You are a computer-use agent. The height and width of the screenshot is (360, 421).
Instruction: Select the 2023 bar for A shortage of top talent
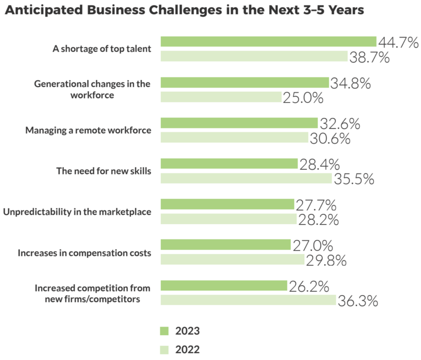[268, 42]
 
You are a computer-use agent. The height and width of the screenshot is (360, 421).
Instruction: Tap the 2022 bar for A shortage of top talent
[254, 56]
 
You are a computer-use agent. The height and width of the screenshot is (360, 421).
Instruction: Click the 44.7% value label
[398, 43]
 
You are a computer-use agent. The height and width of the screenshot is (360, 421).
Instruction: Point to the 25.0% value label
[303, 98]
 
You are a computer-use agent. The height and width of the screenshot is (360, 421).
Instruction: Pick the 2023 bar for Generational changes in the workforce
[245, 82]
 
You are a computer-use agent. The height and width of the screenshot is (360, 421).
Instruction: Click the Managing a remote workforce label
[88, 130]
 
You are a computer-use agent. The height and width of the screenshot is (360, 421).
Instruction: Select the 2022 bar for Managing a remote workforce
[234, 137]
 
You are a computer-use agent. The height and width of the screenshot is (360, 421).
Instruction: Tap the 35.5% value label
[354, 179]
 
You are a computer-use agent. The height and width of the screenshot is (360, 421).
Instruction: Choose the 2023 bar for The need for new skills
[229, 163]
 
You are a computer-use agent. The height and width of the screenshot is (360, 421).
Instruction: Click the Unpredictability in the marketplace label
[77, 212]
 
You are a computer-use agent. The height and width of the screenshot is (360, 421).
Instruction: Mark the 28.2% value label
[318, 220]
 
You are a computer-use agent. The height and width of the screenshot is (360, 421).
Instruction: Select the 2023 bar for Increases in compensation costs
[225, 245]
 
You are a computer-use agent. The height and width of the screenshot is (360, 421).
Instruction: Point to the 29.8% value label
[326, 260]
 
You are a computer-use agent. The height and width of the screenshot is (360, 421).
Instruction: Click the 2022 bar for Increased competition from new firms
[248, 300]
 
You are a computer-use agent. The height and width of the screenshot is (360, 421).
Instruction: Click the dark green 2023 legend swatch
[164, 331]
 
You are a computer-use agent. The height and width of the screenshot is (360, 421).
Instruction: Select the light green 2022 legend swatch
[164, 350]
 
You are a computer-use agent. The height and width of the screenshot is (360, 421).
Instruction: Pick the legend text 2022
[187, 350]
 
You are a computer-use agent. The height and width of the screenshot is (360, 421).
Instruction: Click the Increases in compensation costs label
[84, 253]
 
